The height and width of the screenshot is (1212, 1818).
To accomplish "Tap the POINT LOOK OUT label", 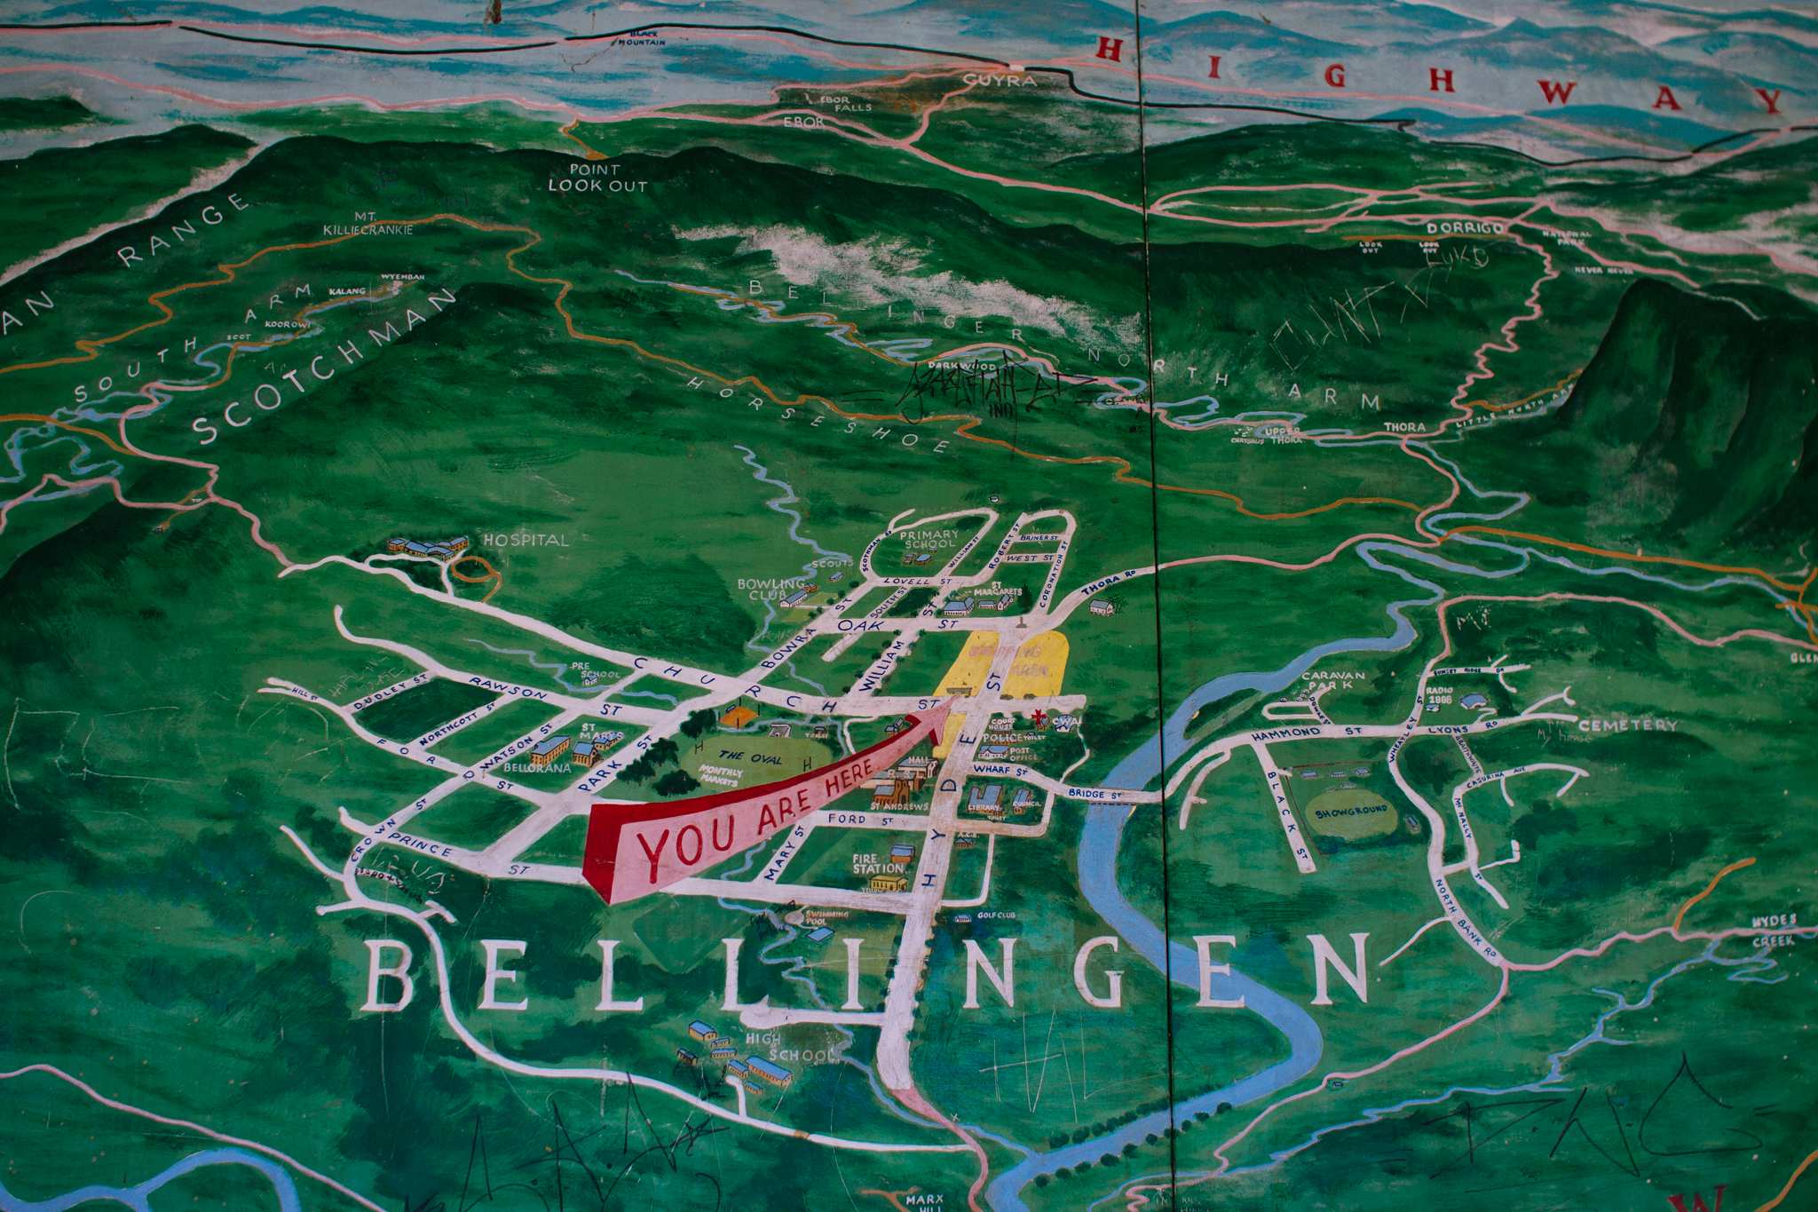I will [x=597, y=178].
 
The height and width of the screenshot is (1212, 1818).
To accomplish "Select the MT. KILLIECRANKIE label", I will [x=370, y=223].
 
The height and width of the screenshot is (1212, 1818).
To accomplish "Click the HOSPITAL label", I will [x=525, y=539].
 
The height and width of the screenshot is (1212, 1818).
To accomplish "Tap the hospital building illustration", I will [x=428, y=547].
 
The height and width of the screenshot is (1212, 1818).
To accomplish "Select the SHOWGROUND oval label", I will [x=1350, y=812].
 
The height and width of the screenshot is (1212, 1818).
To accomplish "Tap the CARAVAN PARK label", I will [x=1332, y=681].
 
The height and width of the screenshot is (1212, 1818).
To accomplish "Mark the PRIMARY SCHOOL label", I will [x=929, y=539].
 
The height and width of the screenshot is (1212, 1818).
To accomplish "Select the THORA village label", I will [x=1404, y=427].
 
